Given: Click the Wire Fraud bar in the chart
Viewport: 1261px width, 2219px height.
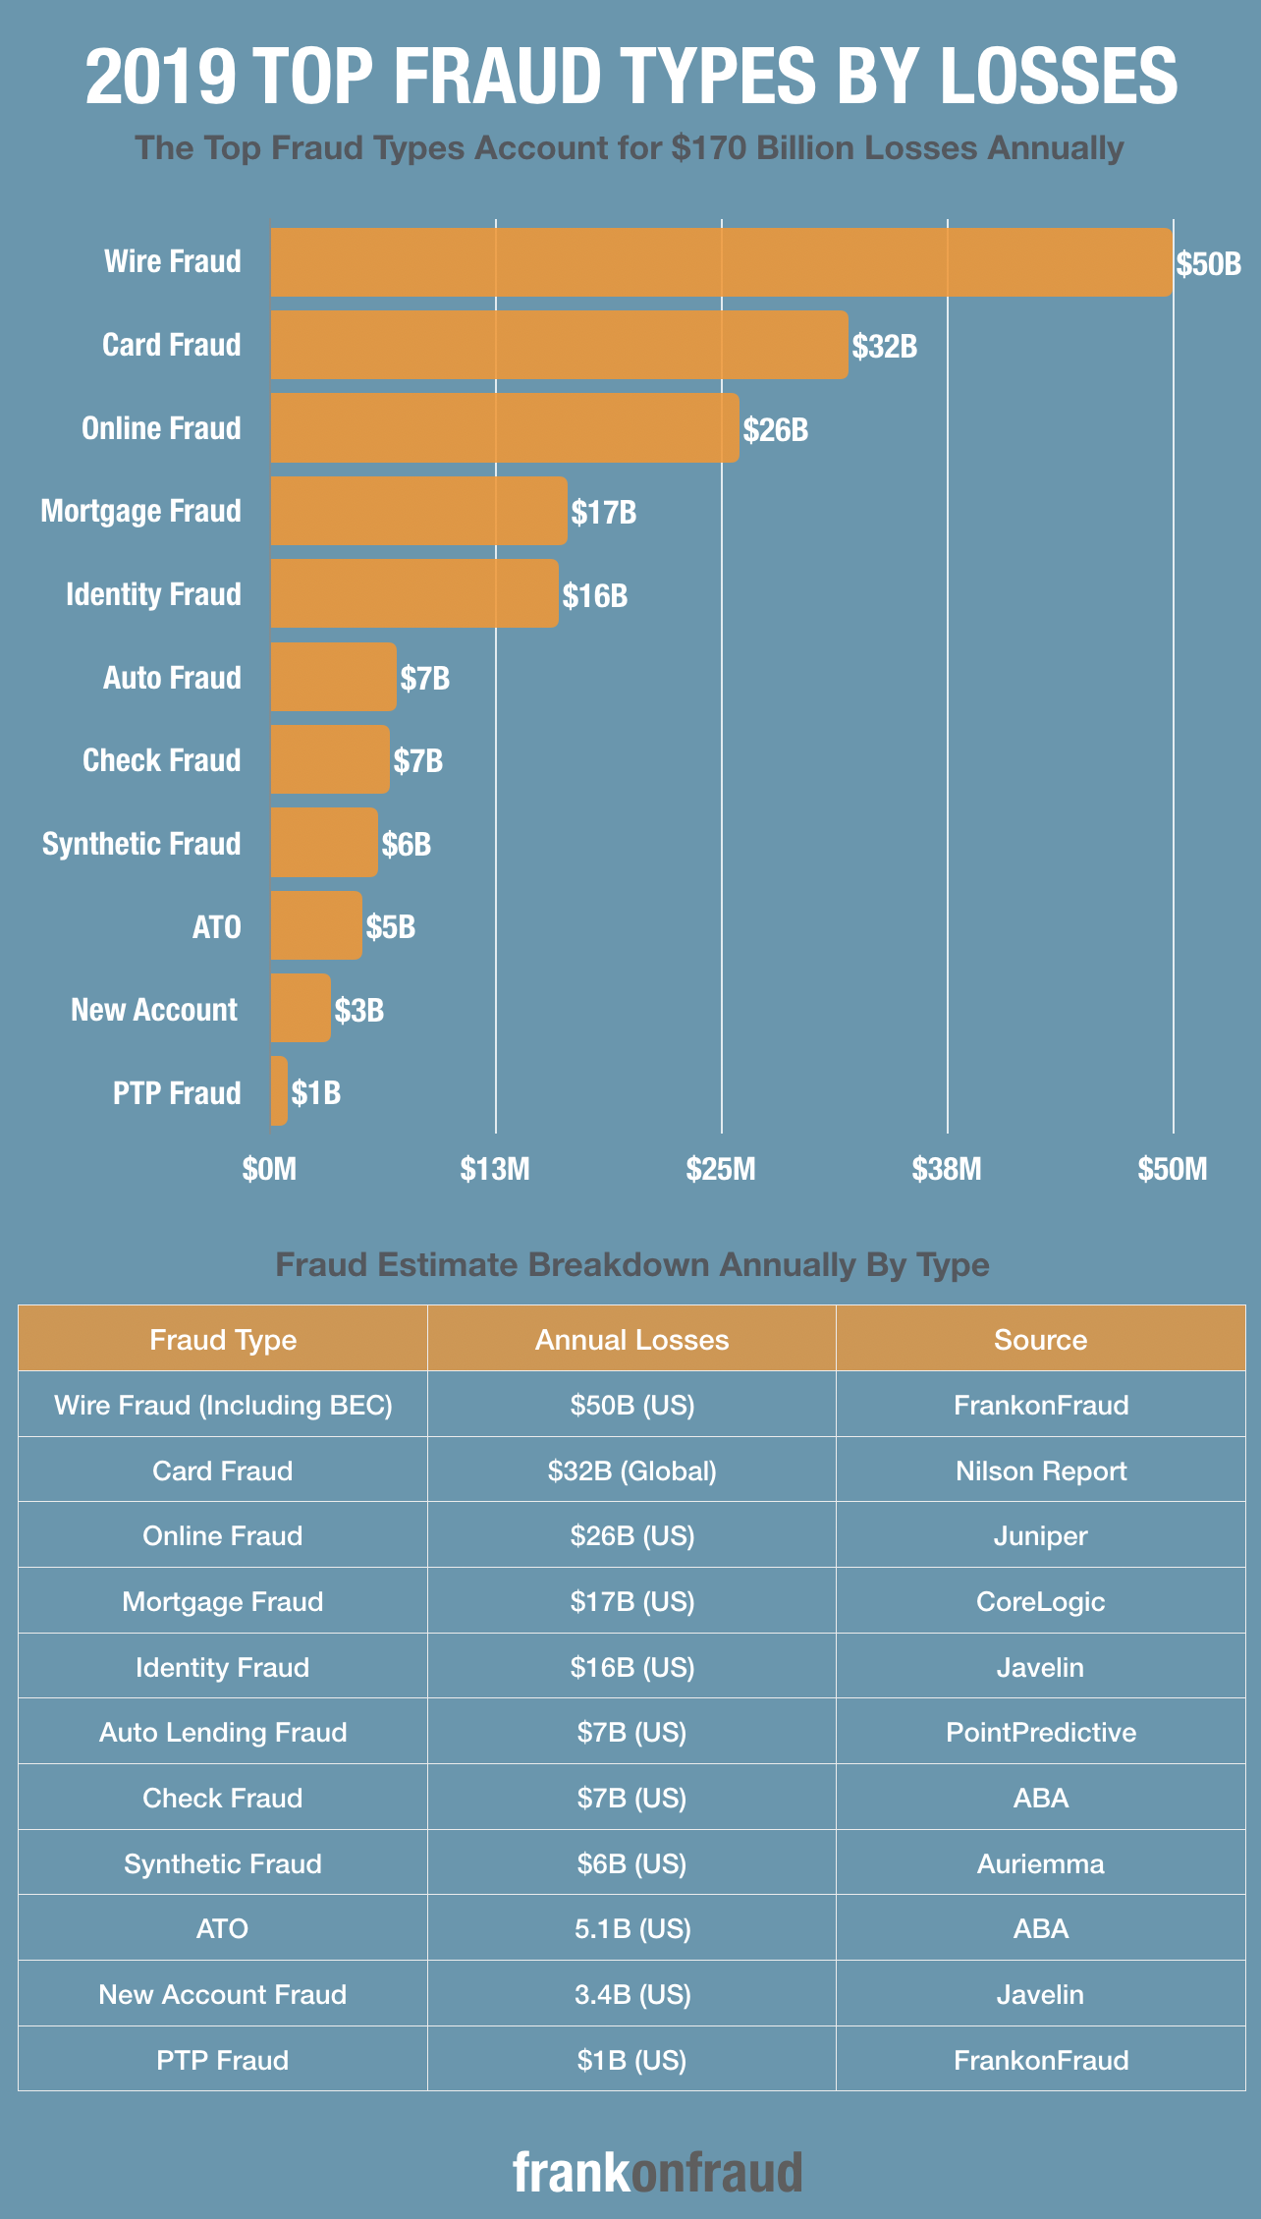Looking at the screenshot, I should tap(721, 262).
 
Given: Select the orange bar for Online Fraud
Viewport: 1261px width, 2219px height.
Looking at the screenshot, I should tap(505, 428).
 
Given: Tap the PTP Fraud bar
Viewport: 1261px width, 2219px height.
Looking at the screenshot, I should tap(279, 1091).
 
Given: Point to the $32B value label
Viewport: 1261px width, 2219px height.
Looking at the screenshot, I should tap(884, 346).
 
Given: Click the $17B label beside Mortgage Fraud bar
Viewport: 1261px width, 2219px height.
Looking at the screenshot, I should tap(604, 512).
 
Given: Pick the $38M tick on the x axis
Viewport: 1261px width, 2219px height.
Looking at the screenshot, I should tap(947, 1169).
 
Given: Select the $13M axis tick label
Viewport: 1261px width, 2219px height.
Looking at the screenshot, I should tap(495, 1169).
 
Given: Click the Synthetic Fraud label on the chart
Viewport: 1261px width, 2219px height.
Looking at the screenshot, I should tap(141, 844).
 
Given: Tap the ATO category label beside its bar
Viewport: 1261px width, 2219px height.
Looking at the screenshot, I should tap(216, 926).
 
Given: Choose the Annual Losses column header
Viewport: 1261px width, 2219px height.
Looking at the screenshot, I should tap(631, 1340).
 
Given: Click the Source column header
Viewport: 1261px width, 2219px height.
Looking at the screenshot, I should tap(1040, 1340).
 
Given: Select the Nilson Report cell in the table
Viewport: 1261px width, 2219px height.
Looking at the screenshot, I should tap(1040, 1470).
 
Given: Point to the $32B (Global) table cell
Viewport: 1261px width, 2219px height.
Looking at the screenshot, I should tap(631, 1470).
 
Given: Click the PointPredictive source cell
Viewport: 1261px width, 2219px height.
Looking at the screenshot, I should tap(1040, 1732).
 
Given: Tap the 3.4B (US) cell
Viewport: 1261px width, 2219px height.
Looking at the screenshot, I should tap(631, 1994).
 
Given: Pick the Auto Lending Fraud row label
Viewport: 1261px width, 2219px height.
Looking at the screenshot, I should tap(223, 1732).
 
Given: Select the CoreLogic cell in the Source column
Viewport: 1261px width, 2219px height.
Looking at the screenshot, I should tap(1040, 1601).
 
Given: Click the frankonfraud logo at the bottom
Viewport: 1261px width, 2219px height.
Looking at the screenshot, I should tap(657, 2172).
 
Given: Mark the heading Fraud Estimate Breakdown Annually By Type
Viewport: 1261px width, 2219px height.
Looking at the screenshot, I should tap(631, 1264).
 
